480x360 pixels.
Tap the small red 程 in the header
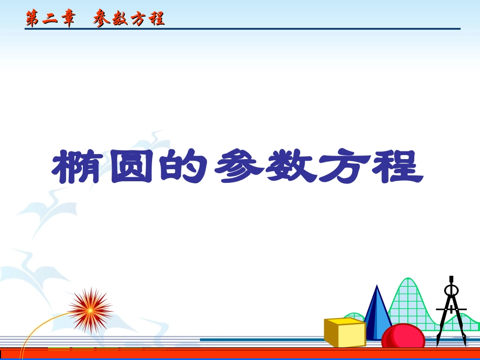pyautogui.click(x=157, y=19)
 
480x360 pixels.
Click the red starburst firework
pyautogui.click(x=90, y=310)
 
